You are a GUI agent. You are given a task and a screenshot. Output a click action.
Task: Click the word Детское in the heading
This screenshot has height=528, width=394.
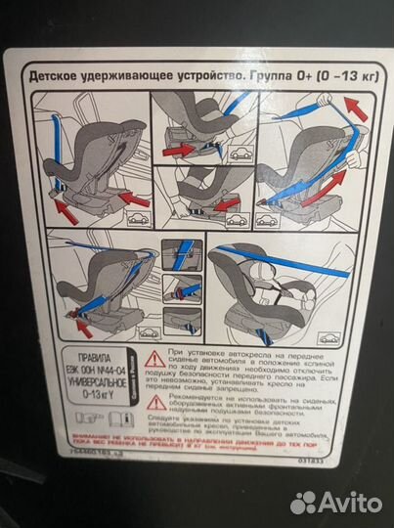pyautogui.click(x=56, y=74)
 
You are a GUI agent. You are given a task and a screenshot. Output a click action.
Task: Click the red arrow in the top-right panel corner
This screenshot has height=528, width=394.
pyautogui.click(x=357, y=109)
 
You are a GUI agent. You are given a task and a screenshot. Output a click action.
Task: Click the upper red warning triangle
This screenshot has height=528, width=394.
pyautogui.click(x=154, y=359)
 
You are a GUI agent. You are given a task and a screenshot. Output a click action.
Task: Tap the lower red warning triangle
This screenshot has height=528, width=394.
pyautogui.click(x=154, y=402)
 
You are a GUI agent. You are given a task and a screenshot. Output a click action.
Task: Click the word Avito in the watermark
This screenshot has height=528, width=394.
pyautogui.click(x=352, y=502)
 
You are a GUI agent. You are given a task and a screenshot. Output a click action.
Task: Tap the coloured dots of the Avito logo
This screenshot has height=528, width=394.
pyautogui.click(x=305, y=502)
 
